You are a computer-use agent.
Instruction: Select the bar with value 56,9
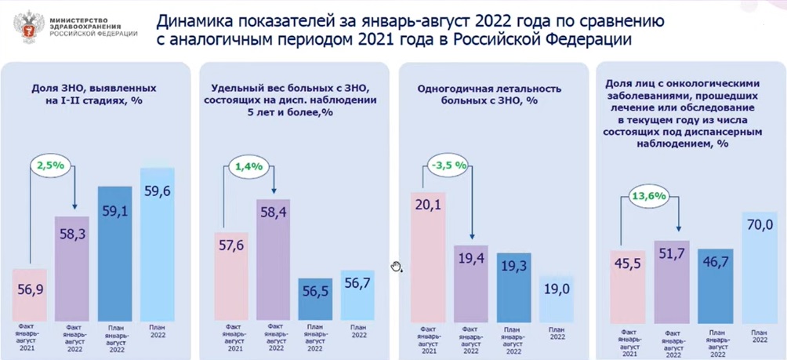pos(31,294)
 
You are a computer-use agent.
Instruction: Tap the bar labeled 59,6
pos(157,243)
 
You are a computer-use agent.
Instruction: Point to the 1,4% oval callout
pos(248,165)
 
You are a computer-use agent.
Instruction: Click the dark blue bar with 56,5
pos(316,299)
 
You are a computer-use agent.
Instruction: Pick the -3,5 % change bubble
pos(448,165)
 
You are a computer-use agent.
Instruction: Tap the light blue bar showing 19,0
pos(556,298)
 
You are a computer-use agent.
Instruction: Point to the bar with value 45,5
pos(629,285)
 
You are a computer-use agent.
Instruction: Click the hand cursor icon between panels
pos(397,266)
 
